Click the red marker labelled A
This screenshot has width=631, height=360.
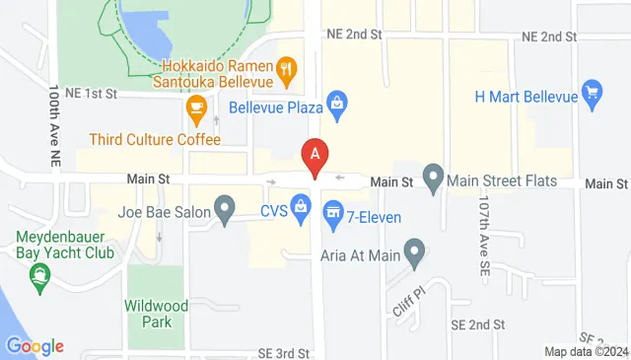(x=315, y=155)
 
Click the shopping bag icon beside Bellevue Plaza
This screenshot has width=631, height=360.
(x=337, y=102)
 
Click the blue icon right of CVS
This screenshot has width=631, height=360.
(x=302, y=206)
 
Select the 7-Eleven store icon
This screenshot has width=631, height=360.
(x=333, y=210)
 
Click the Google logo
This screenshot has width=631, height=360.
(x=35, y=346)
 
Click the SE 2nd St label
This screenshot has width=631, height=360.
(x=477, y=324)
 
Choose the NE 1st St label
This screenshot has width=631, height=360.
(x=92, y=93)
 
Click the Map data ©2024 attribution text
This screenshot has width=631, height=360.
(x=586, y=351)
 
